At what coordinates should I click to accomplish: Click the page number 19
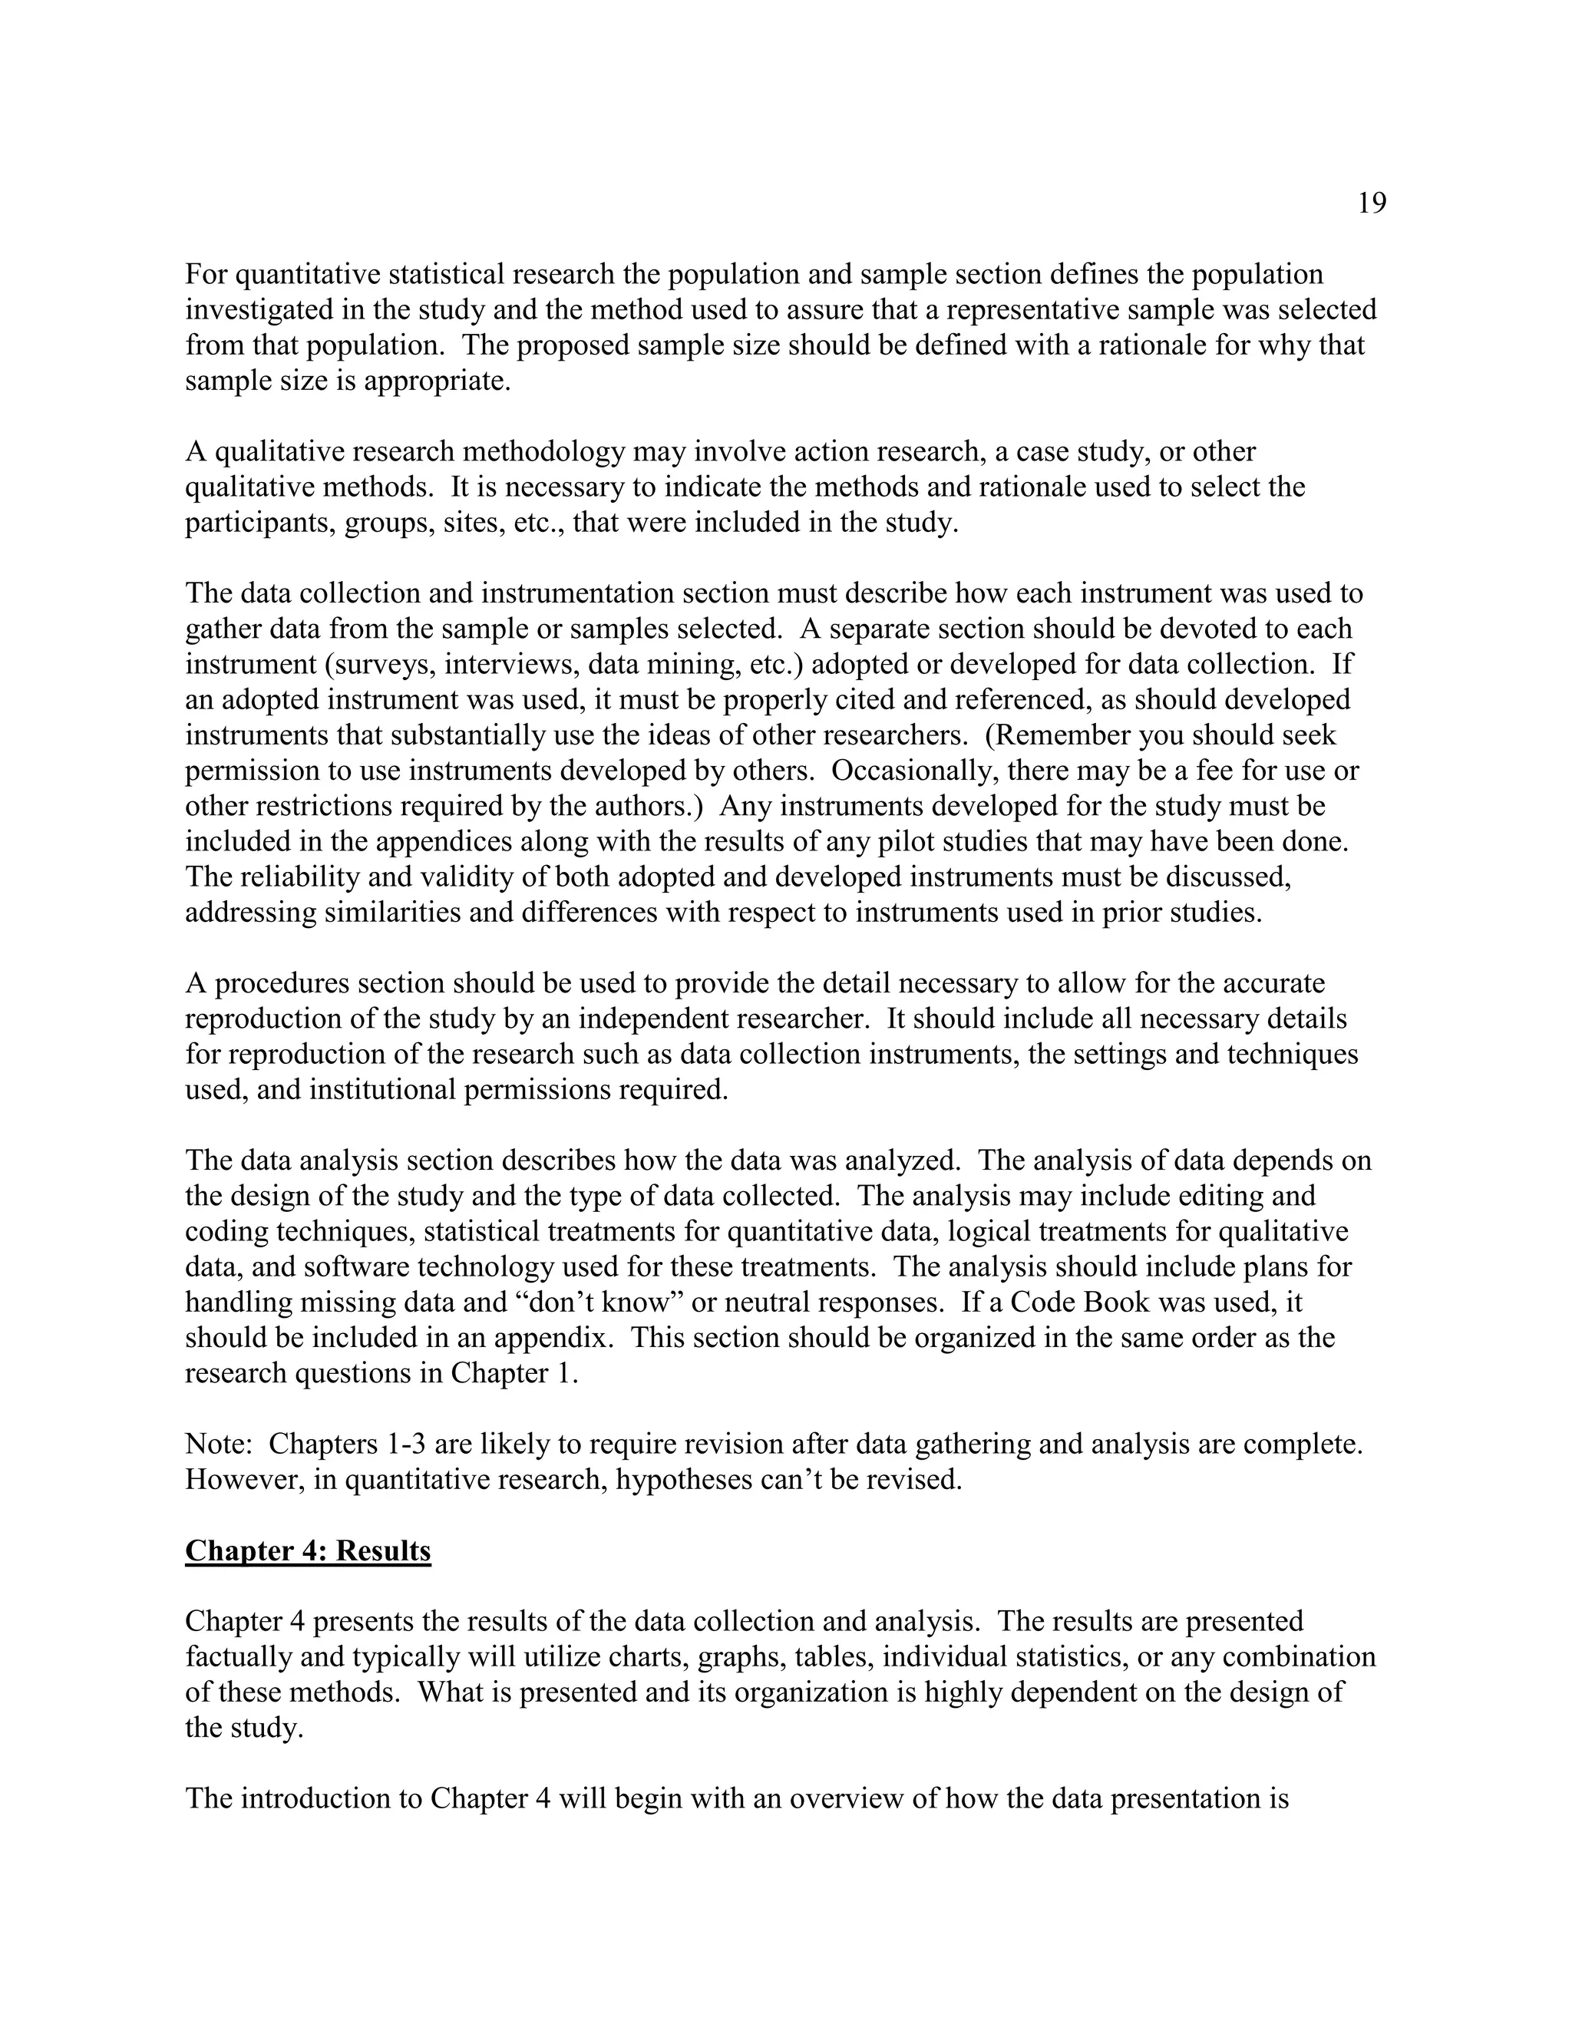pos(1371,203)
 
